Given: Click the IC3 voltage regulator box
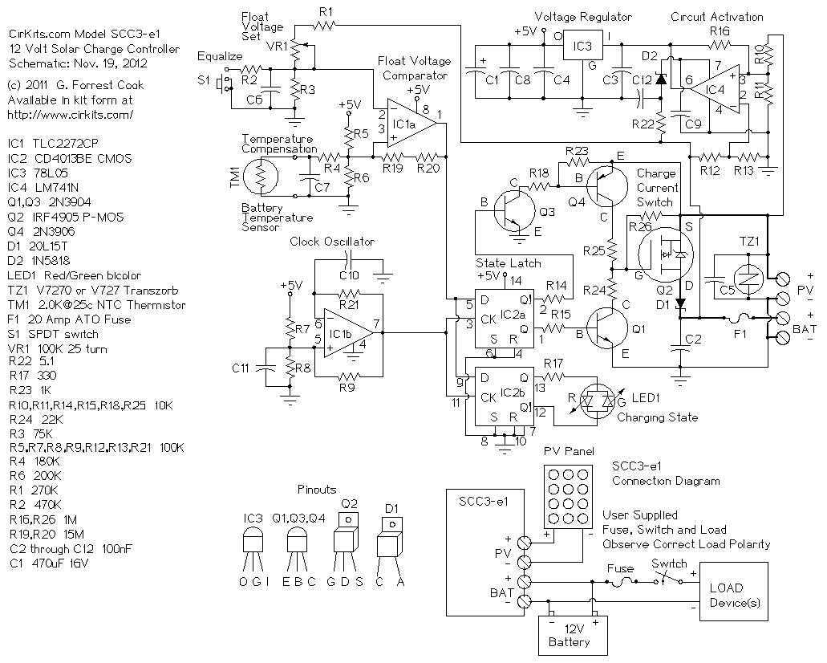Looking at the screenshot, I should (583, 47).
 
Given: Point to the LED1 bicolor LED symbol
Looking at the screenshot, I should (595, 399).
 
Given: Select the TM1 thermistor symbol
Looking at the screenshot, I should (259, 176).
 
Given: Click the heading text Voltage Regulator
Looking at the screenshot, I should (583, 16).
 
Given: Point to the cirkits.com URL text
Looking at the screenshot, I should (70, 115).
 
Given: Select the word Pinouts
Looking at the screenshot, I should (317, 489).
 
